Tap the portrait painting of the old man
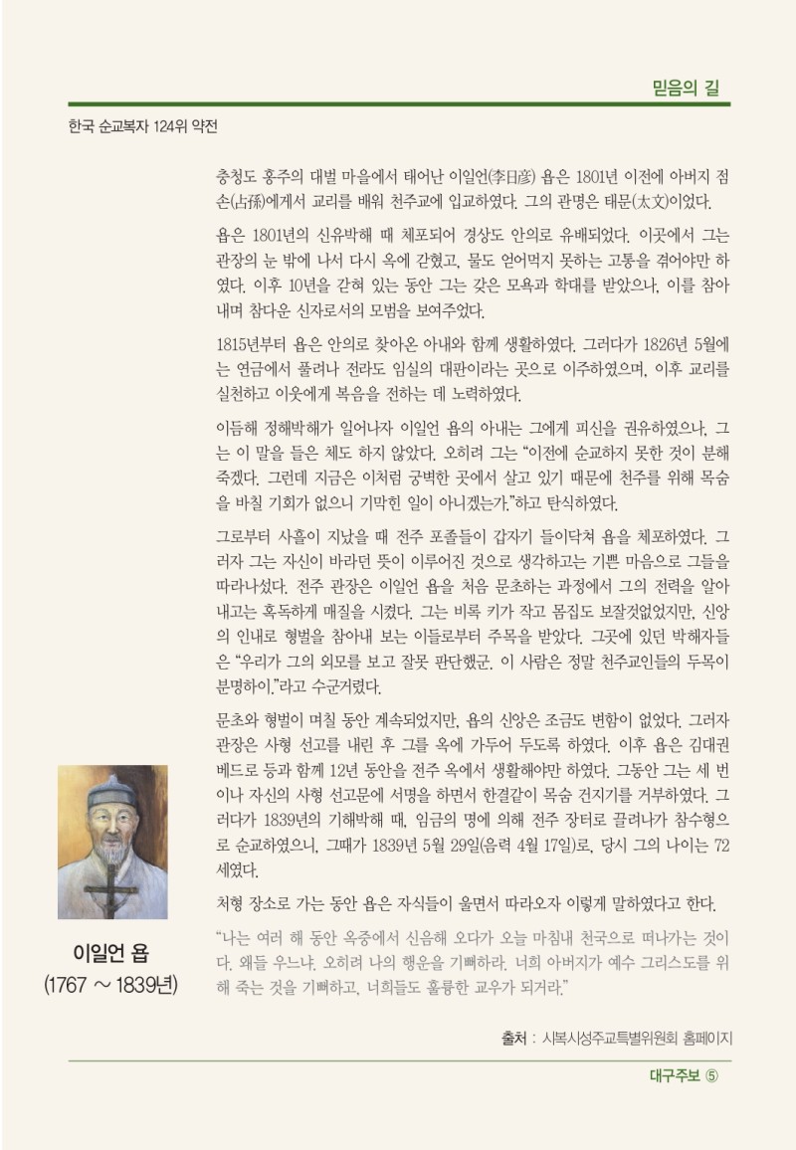(x=112, y=842)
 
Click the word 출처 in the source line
(x=513, y=1039)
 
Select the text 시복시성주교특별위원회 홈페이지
(x=637, y=1039)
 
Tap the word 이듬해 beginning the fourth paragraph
(x=235, y=429)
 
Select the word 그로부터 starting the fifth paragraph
(x=242, y=535)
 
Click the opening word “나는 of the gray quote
(x=235, y=938)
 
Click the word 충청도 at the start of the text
(x=235, y=178)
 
